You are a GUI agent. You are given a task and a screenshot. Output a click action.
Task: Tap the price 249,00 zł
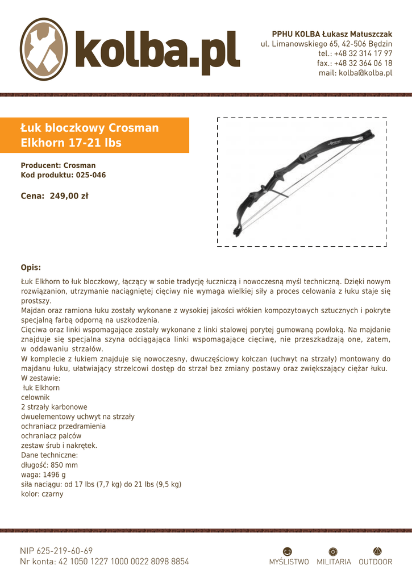(69, 196)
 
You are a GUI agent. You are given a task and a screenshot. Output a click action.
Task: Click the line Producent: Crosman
(59, 165)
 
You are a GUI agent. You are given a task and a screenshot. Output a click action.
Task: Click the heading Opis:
(31, 267)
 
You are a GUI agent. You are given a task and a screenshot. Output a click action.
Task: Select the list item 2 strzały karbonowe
(54, 407)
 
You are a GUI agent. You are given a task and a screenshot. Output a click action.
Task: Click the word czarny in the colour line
(52, 494)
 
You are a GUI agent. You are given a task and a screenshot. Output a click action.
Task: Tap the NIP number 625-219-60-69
(65, 551)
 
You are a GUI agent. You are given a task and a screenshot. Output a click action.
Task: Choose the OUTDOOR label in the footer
(376, 562)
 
